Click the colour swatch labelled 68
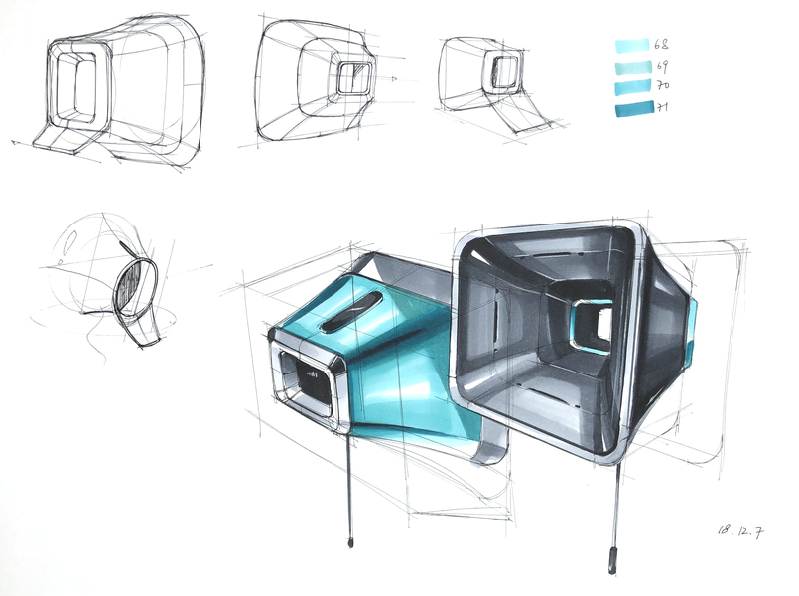pos(632,46)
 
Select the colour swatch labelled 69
pos(633,68)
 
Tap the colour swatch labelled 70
pos(633,87)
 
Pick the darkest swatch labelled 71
pos(634,109)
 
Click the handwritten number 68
pos(661,45)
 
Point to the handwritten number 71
pos(662,107)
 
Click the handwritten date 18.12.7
pos(740,531)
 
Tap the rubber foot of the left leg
pos(350,542)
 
